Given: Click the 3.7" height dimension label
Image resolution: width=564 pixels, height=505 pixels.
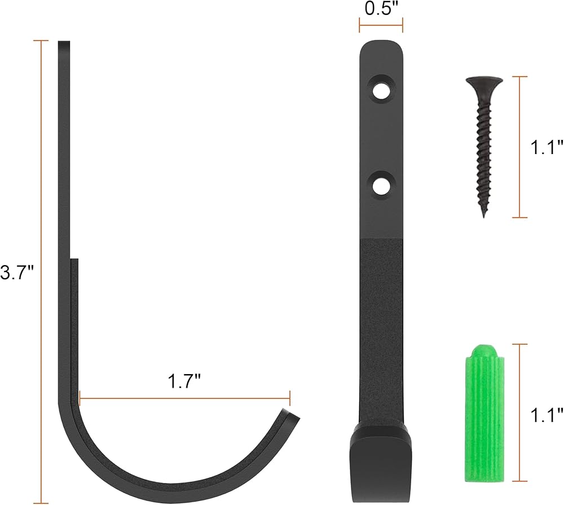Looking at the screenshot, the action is tap(16, 273).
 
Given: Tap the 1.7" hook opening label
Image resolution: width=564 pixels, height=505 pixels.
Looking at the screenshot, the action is tap(184, 381).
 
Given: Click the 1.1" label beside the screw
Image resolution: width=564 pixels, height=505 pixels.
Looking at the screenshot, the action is tap(547, 147).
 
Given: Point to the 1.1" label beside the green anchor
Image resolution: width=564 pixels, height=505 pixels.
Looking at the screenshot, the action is tap(547, 415).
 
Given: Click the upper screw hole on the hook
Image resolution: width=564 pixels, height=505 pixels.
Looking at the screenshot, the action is tap(381, 91).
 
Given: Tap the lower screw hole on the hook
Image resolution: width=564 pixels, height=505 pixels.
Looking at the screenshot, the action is tap(381, 186).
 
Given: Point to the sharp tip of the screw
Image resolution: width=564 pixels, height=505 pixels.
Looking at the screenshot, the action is tap(484, 216).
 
